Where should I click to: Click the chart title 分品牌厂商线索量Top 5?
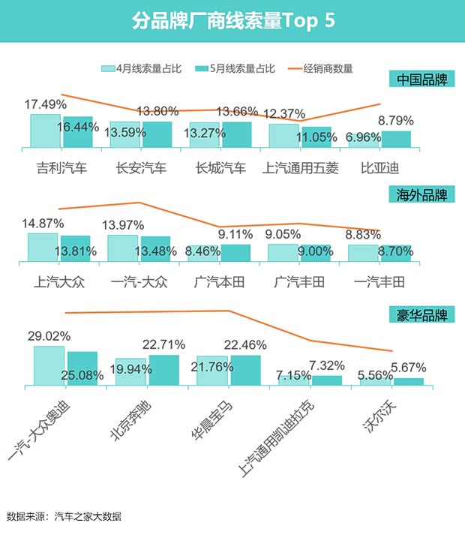tap(232, 21)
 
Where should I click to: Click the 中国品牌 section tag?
tap(421, 80)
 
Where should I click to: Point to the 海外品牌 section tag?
tap(421, 195)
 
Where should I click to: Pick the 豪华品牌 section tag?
tap(421, 314)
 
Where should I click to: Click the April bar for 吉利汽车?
tap(45, 131)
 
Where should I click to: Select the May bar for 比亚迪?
tap(396, 140)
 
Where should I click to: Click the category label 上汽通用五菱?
tap(301, 167)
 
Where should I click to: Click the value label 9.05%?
tap(285, 233)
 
